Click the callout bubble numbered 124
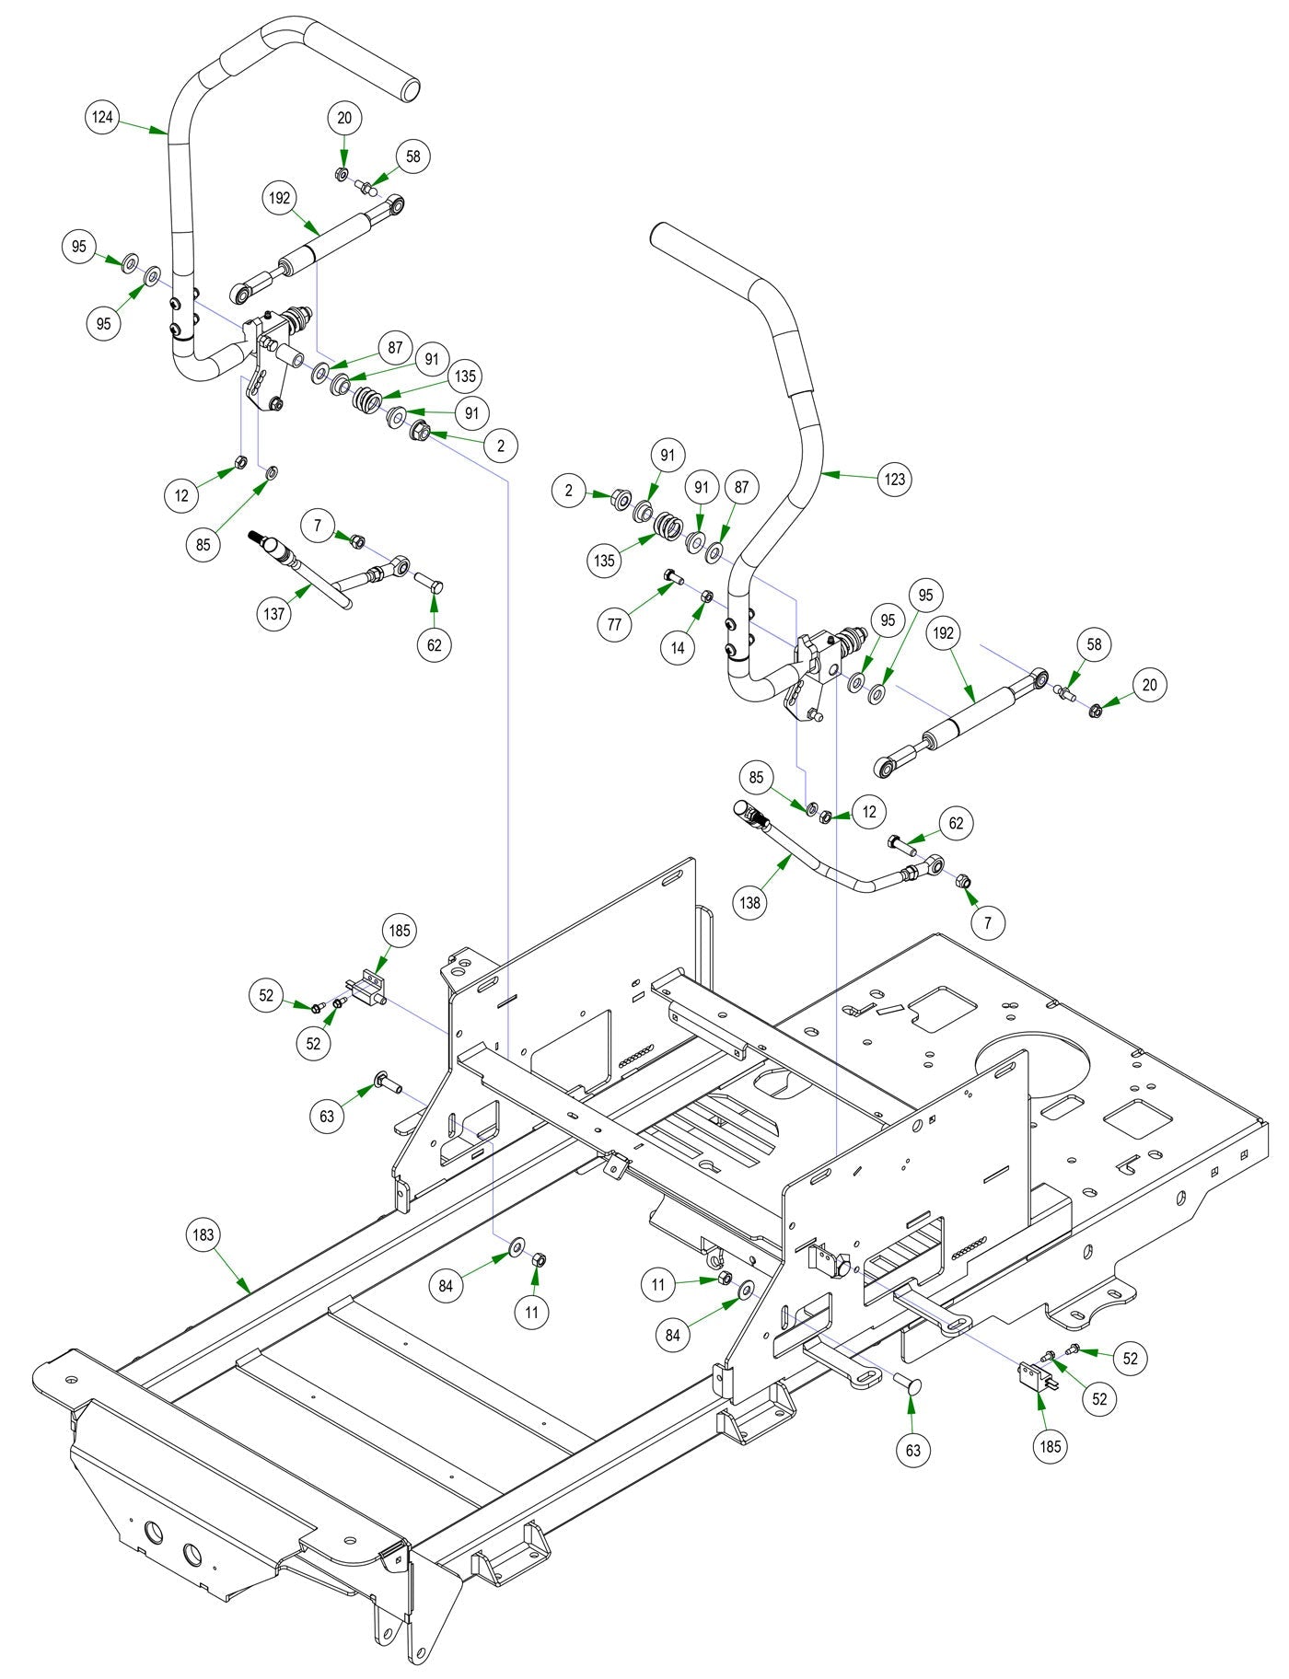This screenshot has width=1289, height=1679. click(103, 118)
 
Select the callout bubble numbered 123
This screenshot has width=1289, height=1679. click(894, 479)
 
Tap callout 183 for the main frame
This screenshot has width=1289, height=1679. click(203, 1234)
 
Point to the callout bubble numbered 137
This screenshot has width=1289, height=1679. click(274, 614)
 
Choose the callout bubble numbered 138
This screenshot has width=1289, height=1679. click(750, 902)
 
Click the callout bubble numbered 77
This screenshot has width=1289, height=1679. click(614, 625)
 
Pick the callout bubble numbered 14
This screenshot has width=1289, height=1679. click(678, 647)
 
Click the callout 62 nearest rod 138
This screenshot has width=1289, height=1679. click(956, 823)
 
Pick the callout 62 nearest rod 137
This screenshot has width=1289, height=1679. click(435, 645)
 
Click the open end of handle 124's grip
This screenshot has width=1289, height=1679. click(410, 90)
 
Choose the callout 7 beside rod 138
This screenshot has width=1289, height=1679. click(988, 921)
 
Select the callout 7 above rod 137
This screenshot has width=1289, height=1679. click(318, 526)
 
